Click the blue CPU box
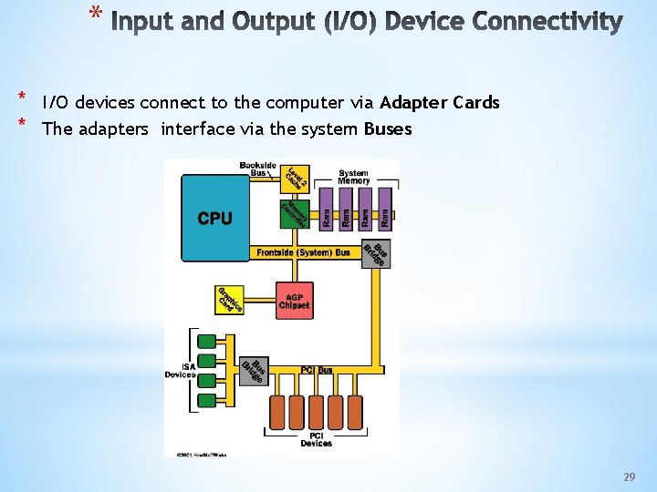(x=215, y=219)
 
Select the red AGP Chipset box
(x=295, y=301)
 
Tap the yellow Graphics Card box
(x=230, y=301)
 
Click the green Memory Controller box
(x=295, y=214)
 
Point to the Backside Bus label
(x=258, y=169)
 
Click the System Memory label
(x=353, y=177)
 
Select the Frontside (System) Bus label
(x=303, y=252)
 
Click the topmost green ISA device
(x=207, y=343)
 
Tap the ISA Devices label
(x=179, y=370)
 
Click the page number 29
(x=629, y=477)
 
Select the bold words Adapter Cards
(x=440, y=102)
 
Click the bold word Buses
(x=387, y=128)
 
